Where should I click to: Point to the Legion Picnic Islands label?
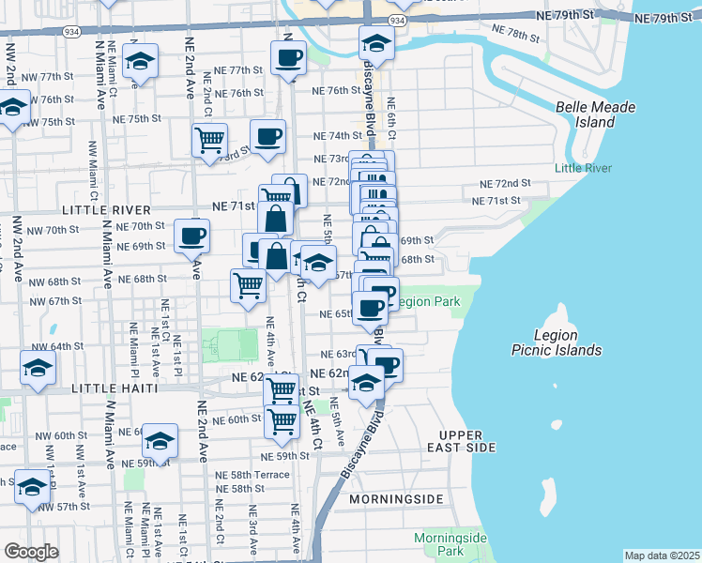click(568, 342)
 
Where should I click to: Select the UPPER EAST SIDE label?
click(460, 442)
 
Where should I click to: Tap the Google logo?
click(31, 552)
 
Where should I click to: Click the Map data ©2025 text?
click(662, 555)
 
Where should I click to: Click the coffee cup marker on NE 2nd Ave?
click(192, 235)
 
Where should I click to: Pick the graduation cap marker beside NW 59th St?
click(160, 440)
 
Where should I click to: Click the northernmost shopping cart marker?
click(209, 140)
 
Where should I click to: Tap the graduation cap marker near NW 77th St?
click(140, 62)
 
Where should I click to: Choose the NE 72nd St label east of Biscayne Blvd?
click(505, 184)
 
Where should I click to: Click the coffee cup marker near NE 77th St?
click(288, 58)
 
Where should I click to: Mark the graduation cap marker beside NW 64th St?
click(38, 369)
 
